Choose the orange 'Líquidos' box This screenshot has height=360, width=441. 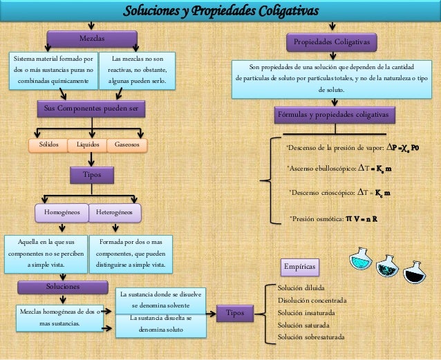pos(87,145)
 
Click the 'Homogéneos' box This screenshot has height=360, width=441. pos(62,212)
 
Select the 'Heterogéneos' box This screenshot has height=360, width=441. pos(115,212)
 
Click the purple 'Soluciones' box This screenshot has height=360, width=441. pos(63,285)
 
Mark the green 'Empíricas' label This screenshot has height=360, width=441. pos(300,266)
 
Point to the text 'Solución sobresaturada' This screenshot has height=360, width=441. pos(310,337)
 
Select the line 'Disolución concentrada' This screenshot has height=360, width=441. pos(312,300)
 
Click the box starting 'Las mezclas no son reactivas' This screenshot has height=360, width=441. pos(136,71)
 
